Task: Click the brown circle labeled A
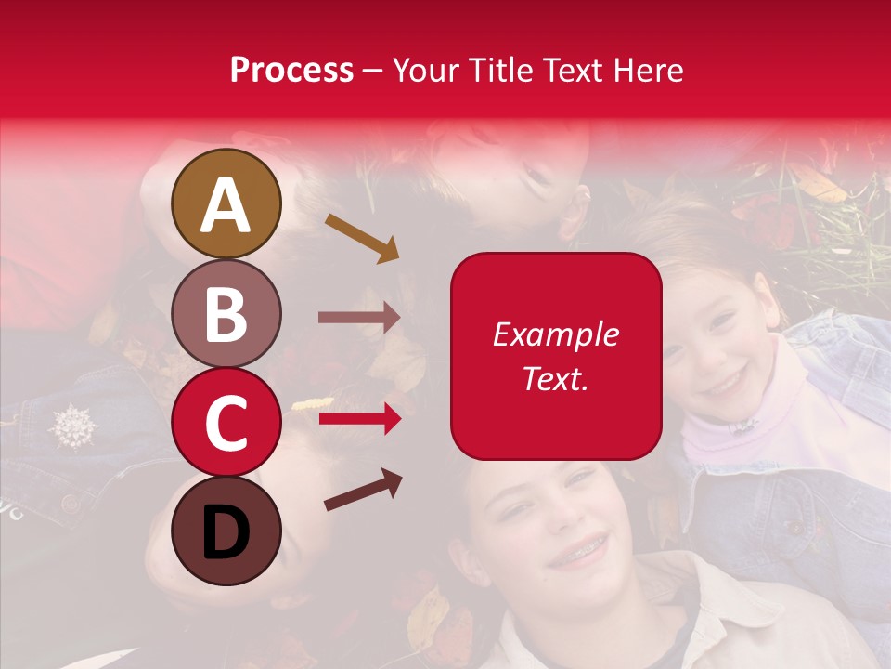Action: [226, 203]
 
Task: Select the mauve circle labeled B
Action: [226, 313]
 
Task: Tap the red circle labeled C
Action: [226, 422]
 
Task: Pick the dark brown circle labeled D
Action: [226, 531]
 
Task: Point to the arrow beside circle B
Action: [359, 318]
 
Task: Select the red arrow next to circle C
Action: [359, 420]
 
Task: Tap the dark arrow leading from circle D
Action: [363, 489]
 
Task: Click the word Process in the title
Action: [291, 70]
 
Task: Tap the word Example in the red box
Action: [556, 334]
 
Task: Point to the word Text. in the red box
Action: [556, 378]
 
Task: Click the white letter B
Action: [226, 313]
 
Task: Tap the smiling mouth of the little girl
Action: [724, 382]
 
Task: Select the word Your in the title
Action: [425, 70]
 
